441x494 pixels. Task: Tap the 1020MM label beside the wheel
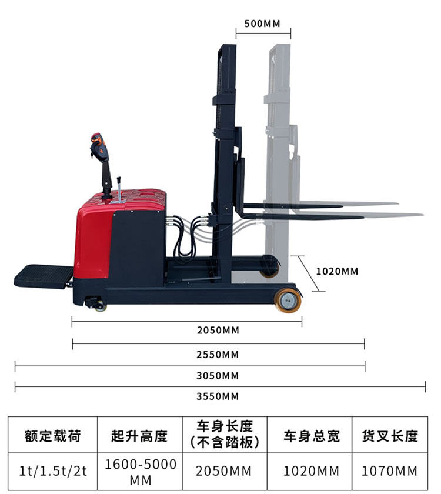click(337, 272)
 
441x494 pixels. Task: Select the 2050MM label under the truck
click(218, 330)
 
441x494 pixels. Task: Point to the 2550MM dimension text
click(218, 355)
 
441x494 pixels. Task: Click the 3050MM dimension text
click(218, 375)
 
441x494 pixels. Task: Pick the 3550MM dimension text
click(218, 396)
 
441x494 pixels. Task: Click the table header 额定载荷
click(52, 436)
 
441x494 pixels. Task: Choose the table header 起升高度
click(139, 436)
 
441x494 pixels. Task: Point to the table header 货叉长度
click(390, 436)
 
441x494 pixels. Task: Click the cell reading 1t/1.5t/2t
click(52, 471)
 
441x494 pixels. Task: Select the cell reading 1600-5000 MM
click(140, 472)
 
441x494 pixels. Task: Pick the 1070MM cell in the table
click(390, 471)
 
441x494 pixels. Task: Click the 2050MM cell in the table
click(225, 471)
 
